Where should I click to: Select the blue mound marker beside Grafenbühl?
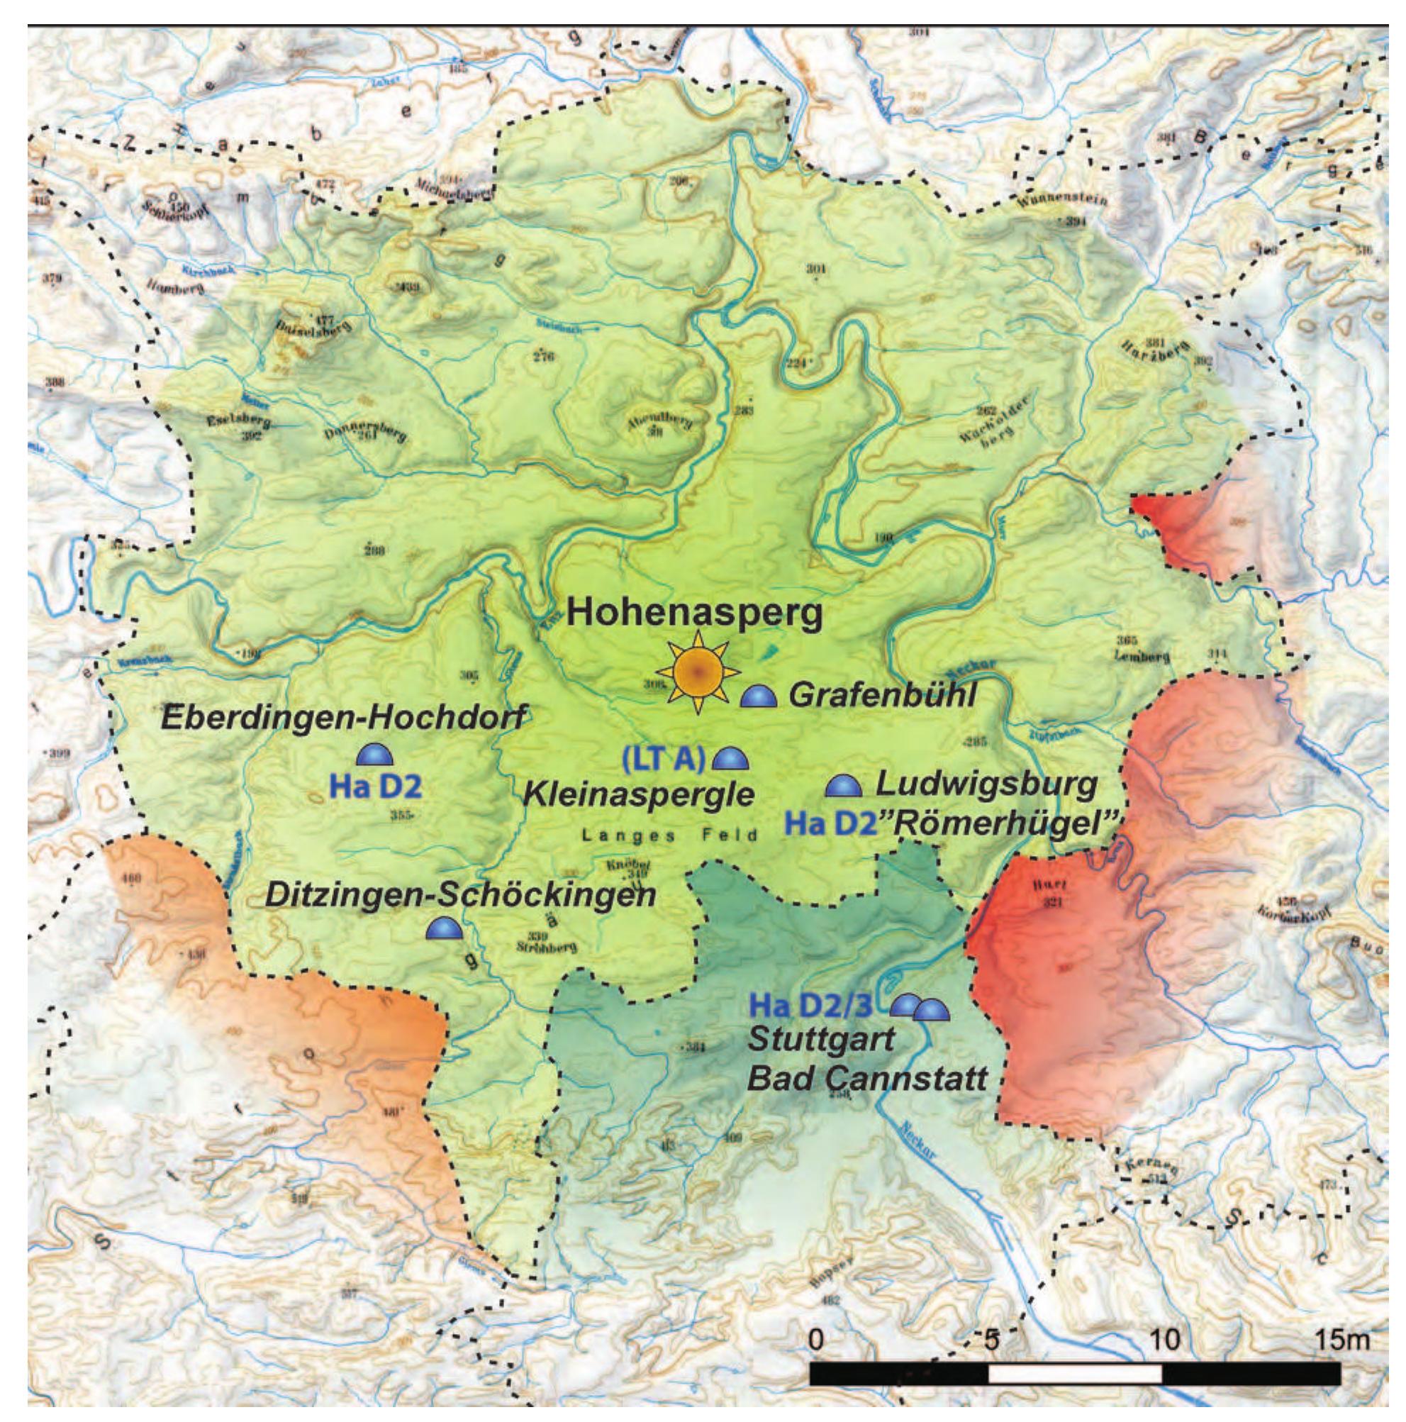pos(757,696)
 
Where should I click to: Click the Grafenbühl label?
pos(881,695)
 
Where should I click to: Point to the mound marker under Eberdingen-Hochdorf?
pos(375,754)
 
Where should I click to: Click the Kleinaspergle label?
pos(639,795)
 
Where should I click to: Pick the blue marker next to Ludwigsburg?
pos(842,786)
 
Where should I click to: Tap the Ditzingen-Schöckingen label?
pos(460,894)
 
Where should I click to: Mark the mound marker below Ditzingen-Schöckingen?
pos(444,929)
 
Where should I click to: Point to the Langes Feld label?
pos(669,835)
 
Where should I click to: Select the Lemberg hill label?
pos(1141,657)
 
